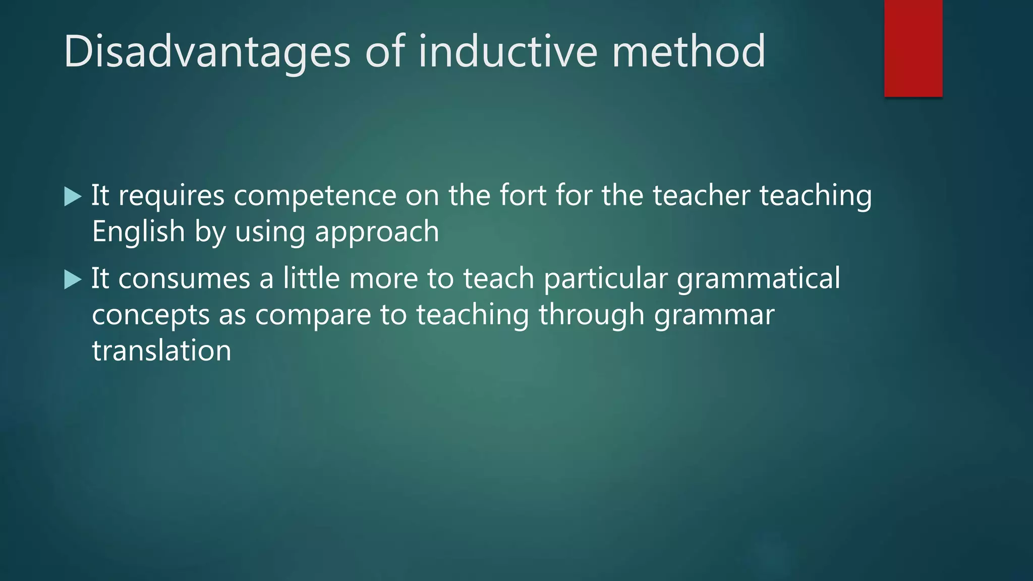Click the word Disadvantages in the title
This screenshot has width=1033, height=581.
(207, 51)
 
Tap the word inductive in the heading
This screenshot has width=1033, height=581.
(508, 51)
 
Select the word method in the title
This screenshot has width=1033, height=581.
(688, 51)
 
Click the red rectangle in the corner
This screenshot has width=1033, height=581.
(913, 48)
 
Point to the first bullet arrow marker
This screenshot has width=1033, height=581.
(73, 196)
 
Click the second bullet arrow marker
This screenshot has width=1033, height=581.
(73, 279)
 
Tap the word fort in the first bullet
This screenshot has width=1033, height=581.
(523, 195)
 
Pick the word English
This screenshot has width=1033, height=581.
(139, 231)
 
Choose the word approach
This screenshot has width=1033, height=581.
(377, 233)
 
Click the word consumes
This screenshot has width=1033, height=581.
(184, 279)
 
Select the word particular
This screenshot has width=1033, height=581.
(605, 279)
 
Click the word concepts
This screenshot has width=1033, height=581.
(150, 316)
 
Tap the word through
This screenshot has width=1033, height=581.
(591, 315)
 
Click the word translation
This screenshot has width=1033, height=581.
(161, 351)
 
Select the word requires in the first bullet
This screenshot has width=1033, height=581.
(171, 196)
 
